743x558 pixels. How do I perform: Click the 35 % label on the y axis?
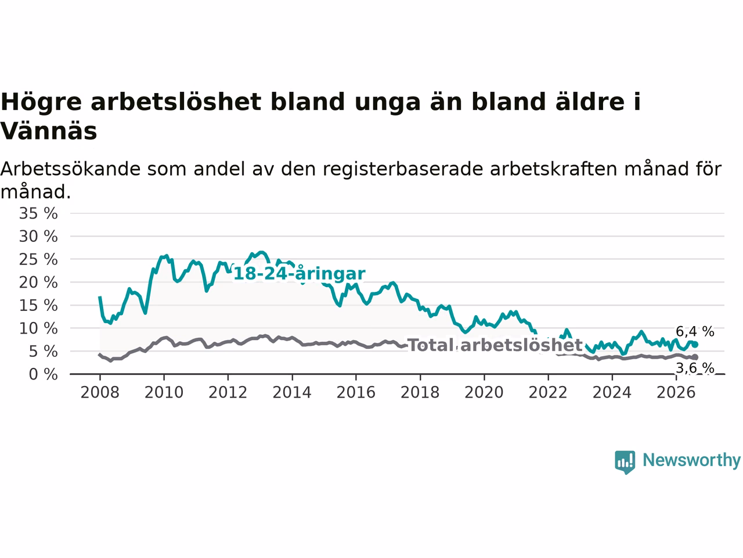coord(38,213)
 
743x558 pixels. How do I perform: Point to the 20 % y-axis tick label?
coord(38,282)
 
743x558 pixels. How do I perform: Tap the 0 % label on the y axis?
coord(43,374)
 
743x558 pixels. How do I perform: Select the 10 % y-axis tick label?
coord(38,328)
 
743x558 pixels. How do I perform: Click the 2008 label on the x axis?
coord(100,393)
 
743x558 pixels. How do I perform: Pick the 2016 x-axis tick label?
coord(356,393)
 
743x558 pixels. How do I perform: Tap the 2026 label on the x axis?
coord(676,393)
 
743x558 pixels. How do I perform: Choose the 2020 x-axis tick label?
coord(484,393)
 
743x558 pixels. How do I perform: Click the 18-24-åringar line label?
coord(299,274)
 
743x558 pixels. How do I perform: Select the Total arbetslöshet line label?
coord(495,345)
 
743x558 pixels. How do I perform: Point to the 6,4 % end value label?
coord(695,331)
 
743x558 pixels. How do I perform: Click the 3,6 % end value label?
coord(695,368)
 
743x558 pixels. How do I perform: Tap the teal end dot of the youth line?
coord(695,345)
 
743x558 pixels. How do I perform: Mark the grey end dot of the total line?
coord(695,357)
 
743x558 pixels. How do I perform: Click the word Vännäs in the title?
coord(48,131)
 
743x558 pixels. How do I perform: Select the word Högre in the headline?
coord(41,102)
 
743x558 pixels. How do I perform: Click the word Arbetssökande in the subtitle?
coord(70,169)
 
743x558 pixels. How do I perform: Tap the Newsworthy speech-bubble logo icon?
coord(625,462)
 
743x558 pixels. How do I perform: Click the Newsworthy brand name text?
coord(691,460)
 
